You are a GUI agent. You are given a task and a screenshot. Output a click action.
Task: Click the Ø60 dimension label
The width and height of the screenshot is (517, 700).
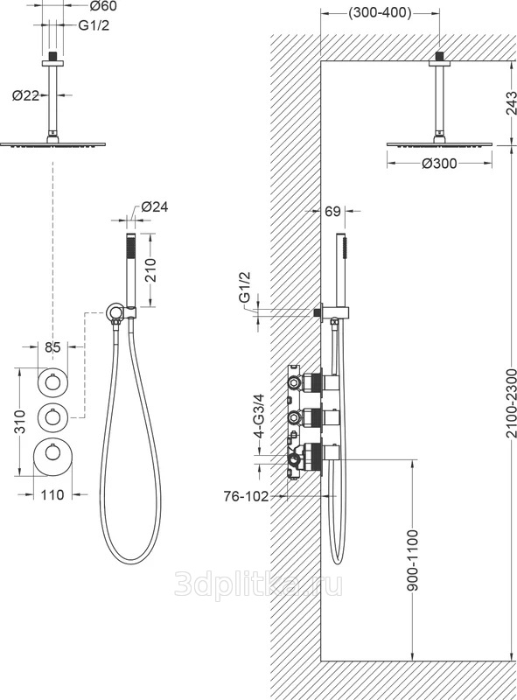103,6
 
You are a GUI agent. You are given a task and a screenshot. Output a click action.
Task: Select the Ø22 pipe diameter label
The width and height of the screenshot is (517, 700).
25,95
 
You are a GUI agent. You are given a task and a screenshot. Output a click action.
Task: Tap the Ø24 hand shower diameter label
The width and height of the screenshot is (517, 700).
155,206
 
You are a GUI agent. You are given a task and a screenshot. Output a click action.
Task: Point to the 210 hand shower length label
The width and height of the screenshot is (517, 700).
151,269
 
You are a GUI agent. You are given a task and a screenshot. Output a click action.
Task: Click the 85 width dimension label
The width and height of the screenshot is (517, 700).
52,346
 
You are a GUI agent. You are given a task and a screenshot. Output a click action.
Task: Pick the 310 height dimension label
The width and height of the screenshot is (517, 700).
20,422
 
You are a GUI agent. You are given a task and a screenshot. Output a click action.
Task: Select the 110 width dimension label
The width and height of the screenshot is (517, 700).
52,494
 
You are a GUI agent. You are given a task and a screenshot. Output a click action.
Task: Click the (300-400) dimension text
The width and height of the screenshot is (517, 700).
380,13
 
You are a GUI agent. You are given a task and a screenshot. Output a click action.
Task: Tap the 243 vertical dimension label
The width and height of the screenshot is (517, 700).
511,103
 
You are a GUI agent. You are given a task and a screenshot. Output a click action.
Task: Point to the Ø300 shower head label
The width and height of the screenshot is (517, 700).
439,164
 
